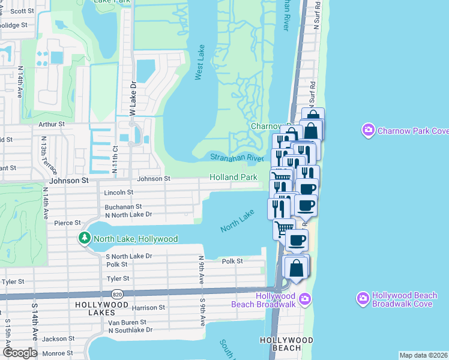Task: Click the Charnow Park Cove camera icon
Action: pyautogui.click(x=368, y=130)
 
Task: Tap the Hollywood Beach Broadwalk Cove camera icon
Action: pyautogui.click(x=363, y=298)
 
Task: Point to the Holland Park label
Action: pyautogui.click(x=234, y=177)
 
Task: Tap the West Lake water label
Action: pyautogui.click(x=199, y=62)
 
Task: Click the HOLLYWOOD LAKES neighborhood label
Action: pyautogui.click(x=102, y=305)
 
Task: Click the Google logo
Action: pyautogui.click(x=20, y=352)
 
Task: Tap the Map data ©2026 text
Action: pyautogui.click(x=423, y=355)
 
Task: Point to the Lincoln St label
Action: pyautogui.click(x=119, y=193)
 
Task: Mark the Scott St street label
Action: pyautogui.click(x=22, y=11)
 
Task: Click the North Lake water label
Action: pyautogui.click(x=238, y=221)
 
